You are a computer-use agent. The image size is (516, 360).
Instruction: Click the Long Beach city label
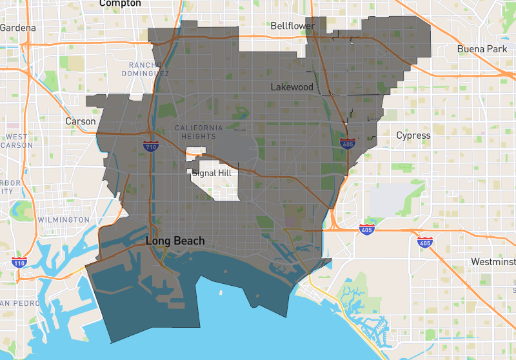(175, 241)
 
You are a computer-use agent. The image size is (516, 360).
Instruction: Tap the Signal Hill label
(213, 173)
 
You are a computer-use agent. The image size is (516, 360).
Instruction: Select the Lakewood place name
(292, 87)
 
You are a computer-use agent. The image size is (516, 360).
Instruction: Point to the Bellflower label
(293, 26)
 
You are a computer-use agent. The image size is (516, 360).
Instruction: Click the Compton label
(121, 3)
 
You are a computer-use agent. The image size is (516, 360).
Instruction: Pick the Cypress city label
(413, 135)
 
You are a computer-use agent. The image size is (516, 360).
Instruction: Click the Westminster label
(494, 262)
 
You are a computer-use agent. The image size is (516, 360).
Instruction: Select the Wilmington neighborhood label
(63, 220)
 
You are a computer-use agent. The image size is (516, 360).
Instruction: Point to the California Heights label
(199, 132)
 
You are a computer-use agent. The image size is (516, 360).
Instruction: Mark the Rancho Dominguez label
(149, 69)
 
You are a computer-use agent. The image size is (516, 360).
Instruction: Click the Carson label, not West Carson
(81, 121)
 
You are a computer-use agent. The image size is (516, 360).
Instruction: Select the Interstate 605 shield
(348, 145)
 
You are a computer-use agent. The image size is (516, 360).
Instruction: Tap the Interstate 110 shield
(19, 263)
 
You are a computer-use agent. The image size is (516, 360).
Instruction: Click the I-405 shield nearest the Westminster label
(424, 243)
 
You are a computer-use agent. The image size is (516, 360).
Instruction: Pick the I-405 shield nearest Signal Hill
(366, 228)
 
